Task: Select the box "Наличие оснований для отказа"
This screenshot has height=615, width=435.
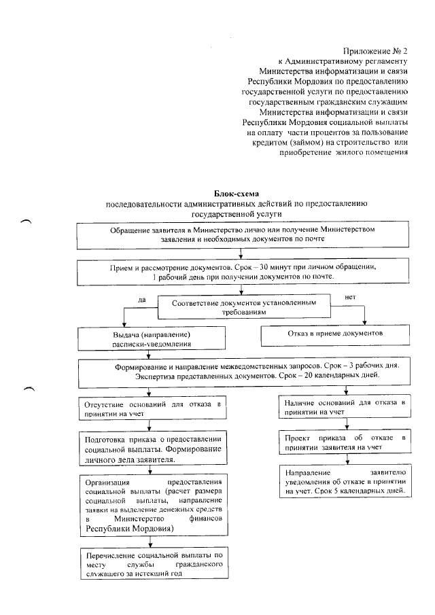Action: point(345,407)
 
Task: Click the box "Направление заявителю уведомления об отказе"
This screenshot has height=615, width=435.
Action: point(345,481)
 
